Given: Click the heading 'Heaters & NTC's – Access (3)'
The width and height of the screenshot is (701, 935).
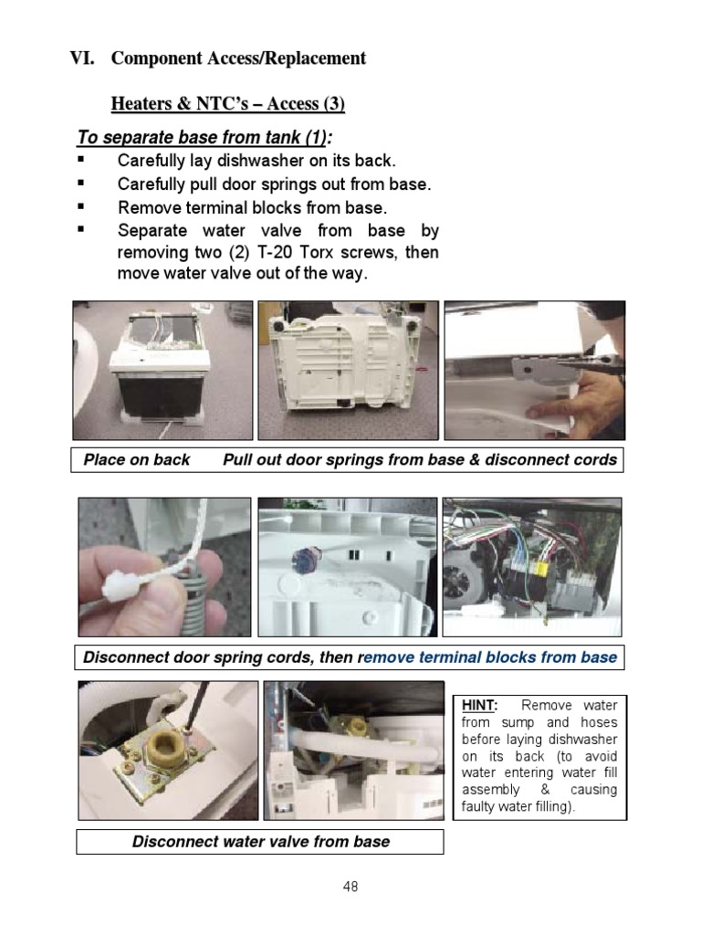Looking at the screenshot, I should pyautogui.click(x=227, y=103).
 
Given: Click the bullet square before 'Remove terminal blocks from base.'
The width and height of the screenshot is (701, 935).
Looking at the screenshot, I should pyautogui.click(x=80, y=206).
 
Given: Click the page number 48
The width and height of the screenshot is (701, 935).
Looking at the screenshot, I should pyautogui.click(x=350, y=884).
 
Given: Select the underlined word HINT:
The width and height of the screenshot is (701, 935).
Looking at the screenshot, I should pyautogui.click(x=478, y=706).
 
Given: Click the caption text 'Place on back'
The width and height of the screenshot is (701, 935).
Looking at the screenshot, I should pyautogui.click(x=137, y=459).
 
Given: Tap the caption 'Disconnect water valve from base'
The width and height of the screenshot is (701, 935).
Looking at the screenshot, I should pyautogui.click(x=260, y=841).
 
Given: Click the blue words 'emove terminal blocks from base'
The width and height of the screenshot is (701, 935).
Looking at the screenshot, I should pyautogui.click(x=491, y=657).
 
